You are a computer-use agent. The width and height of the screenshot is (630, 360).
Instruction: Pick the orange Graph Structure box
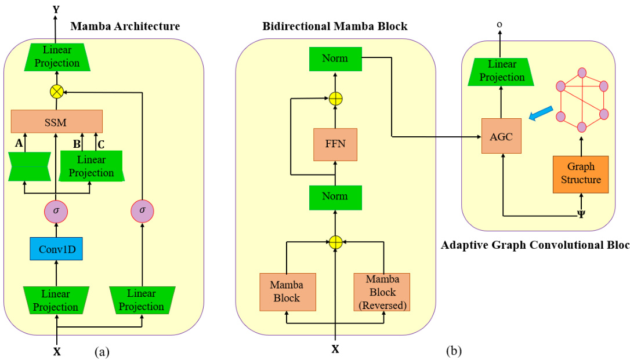(x=581, y=173)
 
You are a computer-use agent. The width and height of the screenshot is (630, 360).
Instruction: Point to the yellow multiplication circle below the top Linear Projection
(x=56, y=90)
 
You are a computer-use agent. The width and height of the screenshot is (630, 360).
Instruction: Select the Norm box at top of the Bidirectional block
(x=335, y=59)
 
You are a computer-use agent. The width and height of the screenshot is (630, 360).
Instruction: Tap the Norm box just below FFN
(x=335, y=197)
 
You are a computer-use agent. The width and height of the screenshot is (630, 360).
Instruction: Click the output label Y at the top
(x=56, y=9)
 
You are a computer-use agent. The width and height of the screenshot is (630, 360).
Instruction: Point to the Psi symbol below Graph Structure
(x=581, y=213)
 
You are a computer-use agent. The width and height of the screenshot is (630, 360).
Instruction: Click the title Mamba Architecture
(x=125, y=26)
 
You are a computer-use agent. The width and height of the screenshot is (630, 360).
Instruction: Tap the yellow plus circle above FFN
(x=335, y=99)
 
